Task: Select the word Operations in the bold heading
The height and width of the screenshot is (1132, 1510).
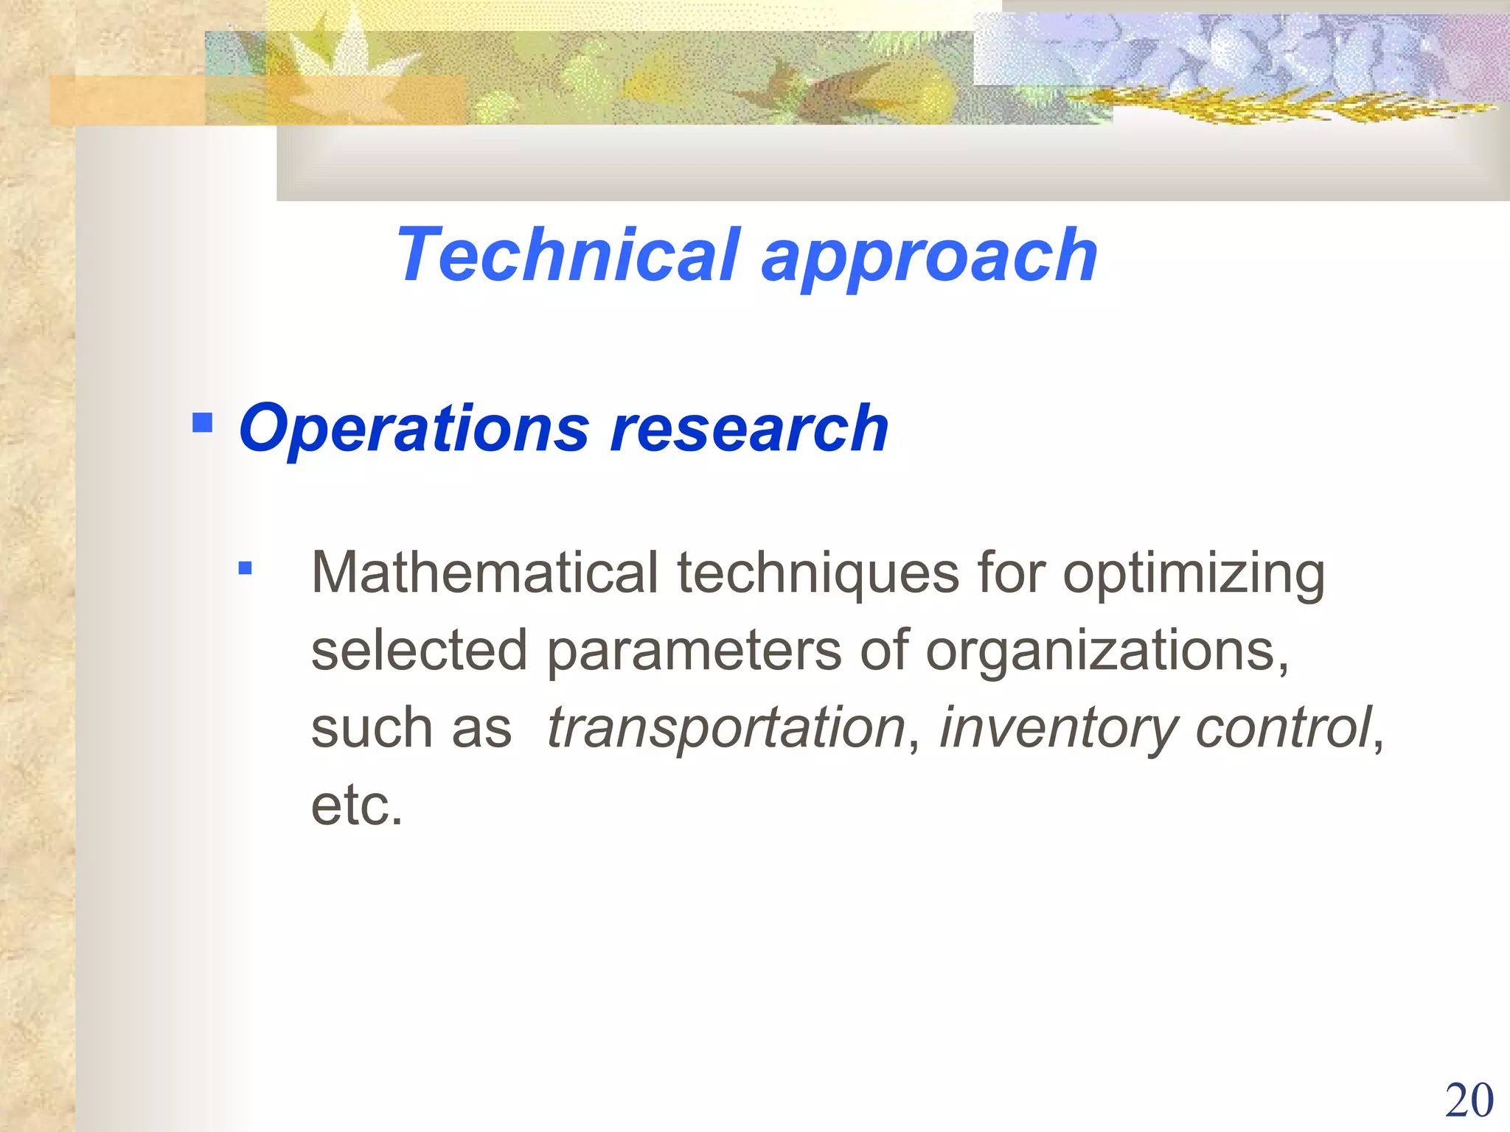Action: pos(414,429)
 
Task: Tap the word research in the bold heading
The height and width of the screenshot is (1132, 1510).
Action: pos(749,429)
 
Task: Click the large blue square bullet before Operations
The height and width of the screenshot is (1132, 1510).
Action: pos(202,422)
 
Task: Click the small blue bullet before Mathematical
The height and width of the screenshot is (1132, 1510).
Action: pos(246,568)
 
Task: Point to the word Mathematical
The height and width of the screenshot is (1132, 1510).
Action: pos(484,573)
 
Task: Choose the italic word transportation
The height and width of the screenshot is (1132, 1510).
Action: pos(726,729)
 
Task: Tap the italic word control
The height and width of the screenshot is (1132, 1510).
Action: pos(1283,727)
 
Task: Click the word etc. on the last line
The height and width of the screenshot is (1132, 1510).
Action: pos(357,805)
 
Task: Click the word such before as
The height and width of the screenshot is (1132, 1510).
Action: pos(372,729)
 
